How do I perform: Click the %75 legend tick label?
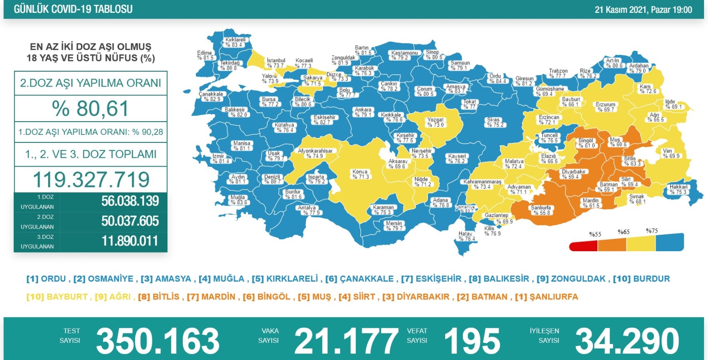click(651, 231)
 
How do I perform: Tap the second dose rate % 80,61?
click(90, 109)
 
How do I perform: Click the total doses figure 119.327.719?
click(91, 180)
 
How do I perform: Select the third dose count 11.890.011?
click(130, 241)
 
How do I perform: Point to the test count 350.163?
click(158, 341)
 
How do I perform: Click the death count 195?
click(472, 341)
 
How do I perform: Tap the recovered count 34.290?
click(627, 341)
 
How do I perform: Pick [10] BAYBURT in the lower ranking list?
click(57, 297)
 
